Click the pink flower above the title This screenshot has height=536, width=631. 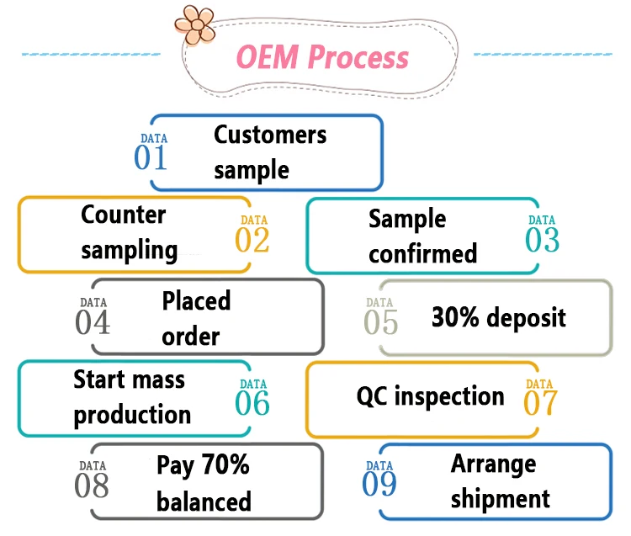tap(195, 24)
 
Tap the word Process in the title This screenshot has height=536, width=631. tap(358, 58)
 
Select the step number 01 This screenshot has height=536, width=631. tap(151, 158)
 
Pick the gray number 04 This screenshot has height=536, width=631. tap(93, 322)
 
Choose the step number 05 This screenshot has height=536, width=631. tap(380, 322)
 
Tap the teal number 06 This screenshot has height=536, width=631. tap(252, 404)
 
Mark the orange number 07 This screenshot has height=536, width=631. tap(540, 404)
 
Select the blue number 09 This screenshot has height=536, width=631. tap(379, 486)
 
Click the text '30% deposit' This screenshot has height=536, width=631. tap(499, 317)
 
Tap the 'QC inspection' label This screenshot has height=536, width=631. tap(431, 396)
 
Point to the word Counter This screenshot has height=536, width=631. tap(124, 215)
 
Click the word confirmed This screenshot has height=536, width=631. tap(422, 253)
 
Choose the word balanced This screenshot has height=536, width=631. tap(204, 502)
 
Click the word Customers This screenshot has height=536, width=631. tap(270, 135)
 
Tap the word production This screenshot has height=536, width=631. tap(132, 415)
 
